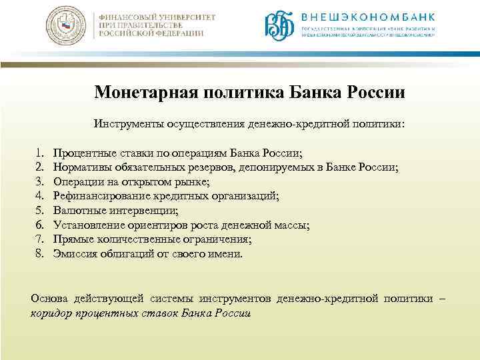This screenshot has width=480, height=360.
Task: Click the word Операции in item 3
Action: point(76,181)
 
